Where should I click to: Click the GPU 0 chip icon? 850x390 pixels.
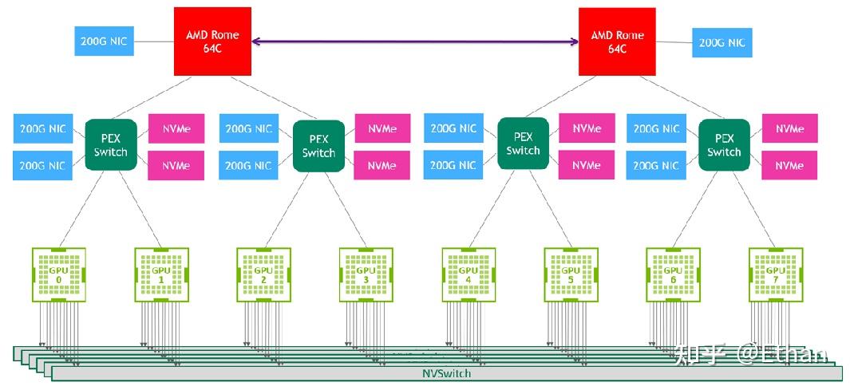coord(58,274)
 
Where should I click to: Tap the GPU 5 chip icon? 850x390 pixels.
coord(571,274)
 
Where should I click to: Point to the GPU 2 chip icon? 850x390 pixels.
coord(263,274)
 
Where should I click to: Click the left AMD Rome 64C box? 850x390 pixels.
coord(213,41)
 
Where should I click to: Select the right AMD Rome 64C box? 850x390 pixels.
coord(617,41)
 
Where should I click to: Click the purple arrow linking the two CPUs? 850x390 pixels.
coord(415,41)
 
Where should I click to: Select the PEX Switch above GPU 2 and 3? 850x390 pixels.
coord(318,146)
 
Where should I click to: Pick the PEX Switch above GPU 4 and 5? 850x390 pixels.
coord(523,144)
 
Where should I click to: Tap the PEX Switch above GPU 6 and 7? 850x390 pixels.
coord(724,145)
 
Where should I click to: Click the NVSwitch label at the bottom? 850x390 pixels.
coord(446,373)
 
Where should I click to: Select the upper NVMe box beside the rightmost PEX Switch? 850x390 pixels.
coord(789,128)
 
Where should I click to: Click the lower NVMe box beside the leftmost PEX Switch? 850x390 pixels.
coord(176,165)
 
